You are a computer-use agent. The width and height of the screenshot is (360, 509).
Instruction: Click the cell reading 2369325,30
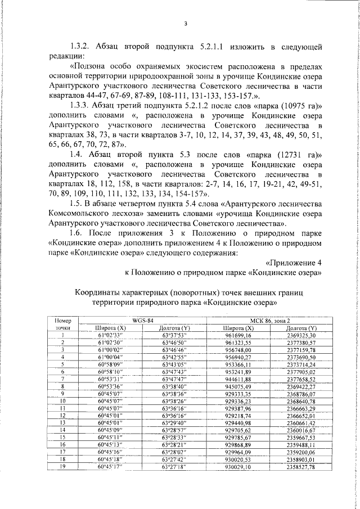coord(301,335)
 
